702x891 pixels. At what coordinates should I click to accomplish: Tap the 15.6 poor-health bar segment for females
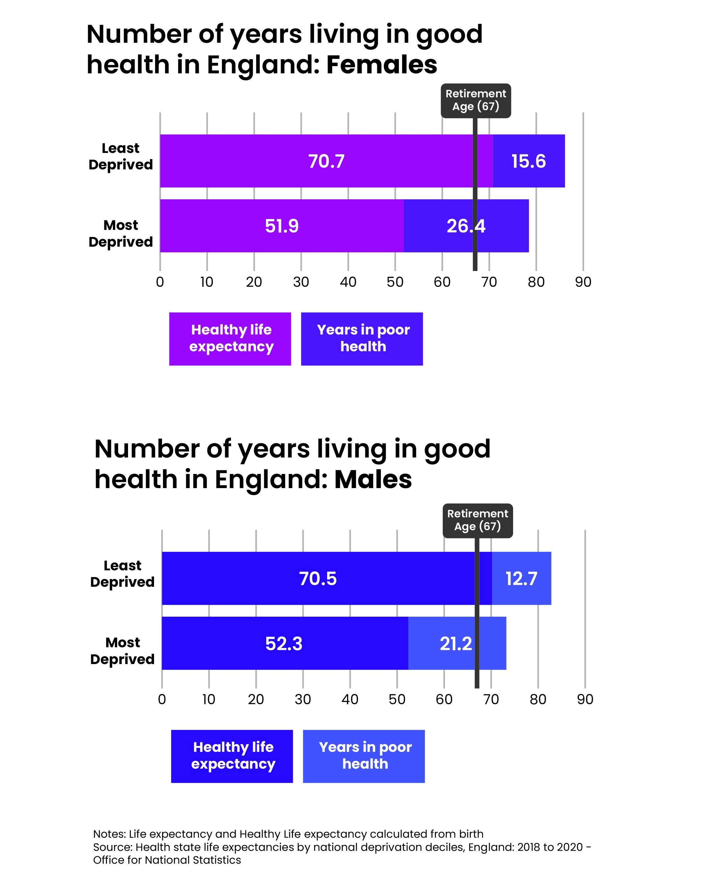528,161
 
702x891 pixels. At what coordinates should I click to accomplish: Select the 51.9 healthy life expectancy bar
281,226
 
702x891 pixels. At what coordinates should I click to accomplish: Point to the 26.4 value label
466,226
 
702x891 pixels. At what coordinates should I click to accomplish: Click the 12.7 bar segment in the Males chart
521,579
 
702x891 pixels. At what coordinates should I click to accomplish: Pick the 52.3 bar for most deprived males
284,643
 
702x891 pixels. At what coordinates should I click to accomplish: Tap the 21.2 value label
455,643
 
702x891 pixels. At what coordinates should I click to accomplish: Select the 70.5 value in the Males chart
318,579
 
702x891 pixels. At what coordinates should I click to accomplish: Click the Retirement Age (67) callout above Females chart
476,100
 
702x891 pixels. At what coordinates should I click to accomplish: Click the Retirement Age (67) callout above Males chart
477,520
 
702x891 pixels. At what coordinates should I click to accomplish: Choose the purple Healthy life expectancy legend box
230,338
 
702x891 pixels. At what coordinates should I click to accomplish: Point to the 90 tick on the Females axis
583,282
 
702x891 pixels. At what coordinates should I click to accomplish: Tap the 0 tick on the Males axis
162,699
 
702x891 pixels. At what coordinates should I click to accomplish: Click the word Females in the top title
381,65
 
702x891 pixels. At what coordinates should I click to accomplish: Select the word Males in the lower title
373,480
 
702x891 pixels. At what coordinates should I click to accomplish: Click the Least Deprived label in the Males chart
122,574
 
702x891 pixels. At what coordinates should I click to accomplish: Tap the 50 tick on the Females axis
395,282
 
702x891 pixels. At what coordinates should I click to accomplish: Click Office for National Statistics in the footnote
167,860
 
